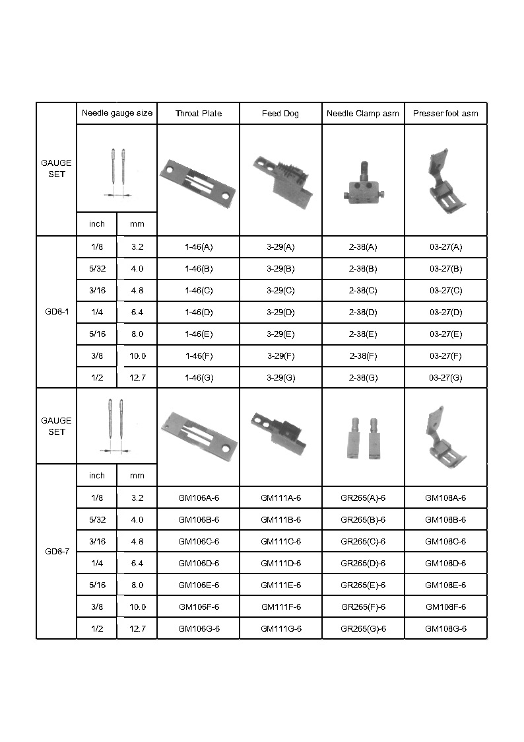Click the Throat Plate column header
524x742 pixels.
click(198, 114)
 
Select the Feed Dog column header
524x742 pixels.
click(280, 114)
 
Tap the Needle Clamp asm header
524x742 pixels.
click(363, 114)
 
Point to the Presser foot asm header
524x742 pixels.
click(445, 114)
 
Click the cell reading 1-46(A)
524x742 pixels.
click(198, 247)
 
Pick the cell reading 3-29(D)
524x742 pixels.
click(280, 313)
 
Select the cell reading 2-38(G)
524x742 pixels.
click(363, 378)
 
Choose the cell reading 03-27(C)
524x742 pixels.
click(445, 291)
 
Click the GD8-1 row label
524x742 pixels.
click(57, 313)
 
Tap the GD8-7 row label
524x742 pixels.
click(57, 552)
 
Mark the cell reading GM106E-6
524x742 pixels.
click(198, 585)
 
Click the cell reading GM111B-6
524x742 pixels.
click(280, 519)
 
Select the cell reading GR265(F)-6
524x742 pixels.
click(363, 607)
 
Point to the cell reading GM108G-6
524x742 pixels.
click(445, 628)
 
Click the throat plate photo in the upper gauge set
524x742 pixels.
click(198, 180)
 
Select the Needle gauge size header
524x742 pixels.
click(117, 113)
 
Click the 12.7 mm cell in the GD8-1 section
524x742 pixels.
click(137, 378)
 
